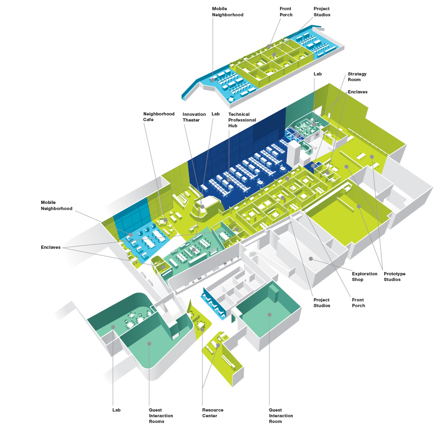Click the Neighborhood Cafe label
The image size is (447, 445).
tap(159, 117)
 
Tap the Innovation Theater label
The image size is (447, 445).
tap(191, 117)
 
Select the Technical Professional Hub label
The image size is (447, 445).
tap(242, 120)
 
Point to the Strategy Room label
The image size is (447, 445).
tap(357, 77)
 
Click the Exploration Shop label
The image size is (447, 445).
tap(365, 277)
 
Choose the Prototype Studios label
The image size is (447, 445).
tap(394, 277)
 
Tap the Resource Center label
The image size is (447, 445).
tap(213, 413)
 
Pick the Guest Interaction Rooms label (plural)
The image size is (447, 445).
tap(161, 416)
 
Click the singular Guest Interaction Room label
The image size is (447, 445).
tap(281, 416)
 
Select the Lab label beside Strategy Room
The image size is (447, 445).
tap(318, 74)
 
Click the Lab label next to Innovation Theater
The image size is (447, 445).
tap(216, 114)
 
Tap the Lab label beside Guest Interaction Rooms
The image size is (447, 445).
tap(116, 410)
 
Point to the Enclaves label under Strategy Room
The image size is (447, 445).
tap(358, 92)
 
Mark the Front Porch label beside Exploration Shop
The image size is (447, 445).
tap(358, 303)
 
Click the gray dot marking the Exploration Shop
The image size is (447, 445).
tap(311, 259)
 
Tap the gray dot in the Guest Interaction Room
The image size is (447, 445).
tap(269, 314)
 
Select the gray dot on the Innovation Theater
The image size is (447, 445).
tap(202, 207)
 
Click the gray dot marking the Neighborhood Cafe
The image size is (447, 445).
tap(165, 220)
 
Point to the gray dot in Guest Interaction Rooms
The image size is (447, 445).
tap(149, 344)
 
